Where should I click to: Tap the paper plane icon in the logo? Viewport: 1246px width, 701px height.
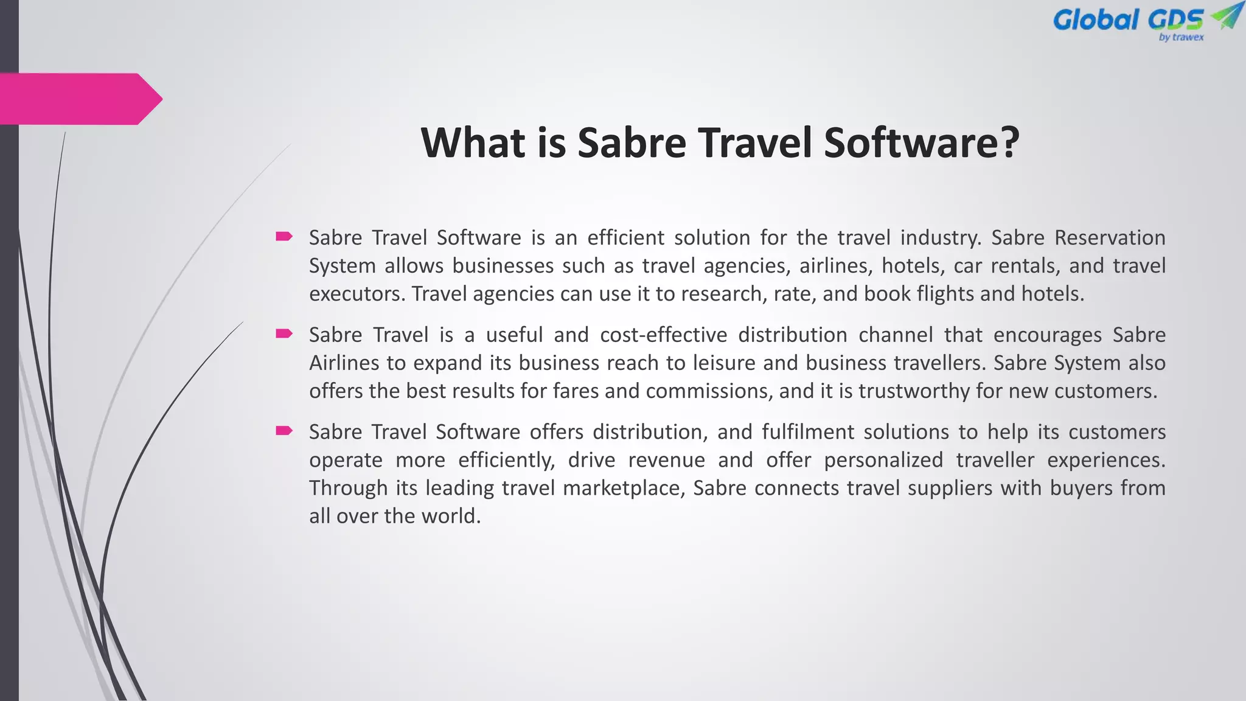pos(1225,16)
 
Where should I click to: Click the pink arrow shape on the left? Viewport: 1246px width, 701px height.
pos(79,99)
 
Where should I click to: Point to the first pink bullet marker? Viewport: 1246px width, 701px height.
pos(284,236)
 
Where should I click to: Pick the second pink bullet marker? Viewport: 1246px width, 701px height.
pos(284,333)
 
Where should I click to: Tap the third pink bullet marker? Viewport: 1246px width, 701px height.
pos(284,431)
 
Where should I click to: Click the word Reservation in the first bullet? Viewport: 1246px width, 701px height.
pos(1110,237)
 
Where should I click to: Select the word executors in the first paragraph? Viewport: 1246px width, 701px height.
pos(357,294)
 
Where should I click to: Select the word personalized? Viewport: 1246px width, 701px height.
pos(883,460)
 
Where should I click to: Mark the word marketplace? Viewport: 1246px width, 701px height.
pos(624,488)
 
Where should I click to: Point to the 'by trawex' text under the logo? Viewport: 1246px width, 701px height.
pos(1181,38)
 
